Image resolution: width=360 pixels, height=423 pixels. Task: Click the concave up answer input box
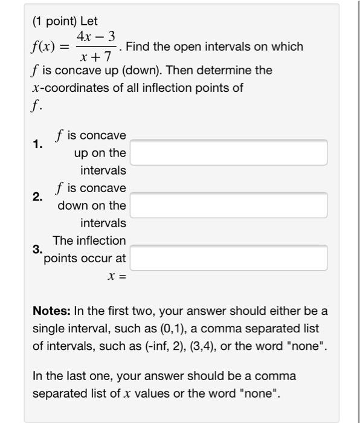click(x=229, y=153)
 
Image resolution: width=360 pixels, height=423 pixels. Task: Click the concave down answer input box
click(x=229, y=205)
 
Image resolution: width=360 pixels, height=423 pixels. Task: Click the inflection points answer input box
click(x=229, y=258)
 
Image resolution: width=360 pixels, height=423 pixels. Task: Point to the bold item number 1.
click(x=38, y=144)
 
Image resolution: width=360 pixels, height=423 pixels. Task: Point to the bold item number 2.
click(x=38, y=197)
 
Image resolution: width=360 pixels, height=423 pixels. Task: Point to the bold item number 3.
click(x=38, y=249)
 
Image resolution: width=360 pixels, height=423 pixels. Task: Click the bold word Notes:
click(x=52, y=312)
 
